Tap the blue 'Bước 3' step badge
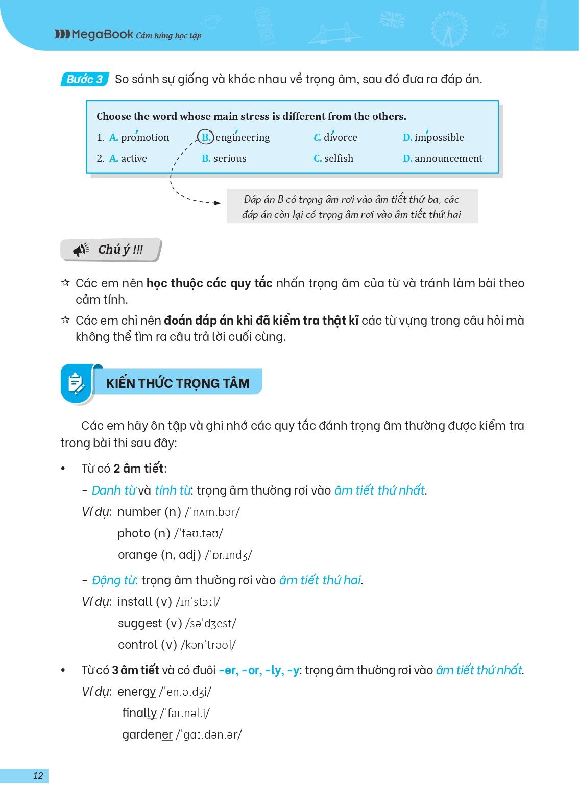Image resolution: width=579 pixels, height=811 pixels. (85, 79)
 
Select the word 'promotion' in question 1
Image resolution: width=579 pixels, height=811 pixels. (145, 137)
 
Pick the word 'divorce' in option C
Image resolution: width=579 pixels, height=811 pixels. (341, 137)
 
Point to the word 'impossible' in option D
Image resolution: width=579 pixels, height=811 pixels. (439, 137)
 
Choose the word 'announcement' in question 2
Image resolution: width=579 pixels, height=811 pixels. (448, 158)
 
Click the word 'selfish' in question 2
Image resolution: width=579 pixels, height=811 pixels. (339, 158)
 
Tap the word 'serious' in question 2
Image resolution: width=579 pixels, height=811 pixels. (230, 158)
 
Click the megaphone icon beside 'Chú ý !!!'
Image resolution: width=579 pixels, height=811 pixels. (81, 250)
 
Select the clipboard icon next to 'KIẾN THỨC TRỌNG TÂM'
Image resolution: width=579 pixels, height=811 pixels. (77, 383)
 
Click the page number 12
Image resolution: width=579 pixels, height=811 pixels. (38, 776)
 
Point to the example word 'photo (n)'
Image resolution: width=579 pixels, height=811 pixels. (144, 533)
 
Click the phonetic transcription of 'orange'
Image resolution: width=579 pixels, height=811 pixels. (228, 555)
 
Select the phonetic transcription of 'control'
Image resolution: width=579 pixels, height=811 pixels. (208, 645)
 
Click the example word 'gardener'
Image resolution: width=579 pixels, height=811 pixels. (147, 734)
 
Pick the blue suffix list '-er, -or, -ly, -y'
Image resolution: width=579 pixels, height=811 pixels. (259, 670)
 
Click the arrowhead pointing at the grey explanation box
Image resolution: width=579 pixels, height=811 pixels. (217, 203)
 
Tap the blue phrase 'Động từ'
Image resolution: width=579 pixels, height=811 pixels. (115, 580)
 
